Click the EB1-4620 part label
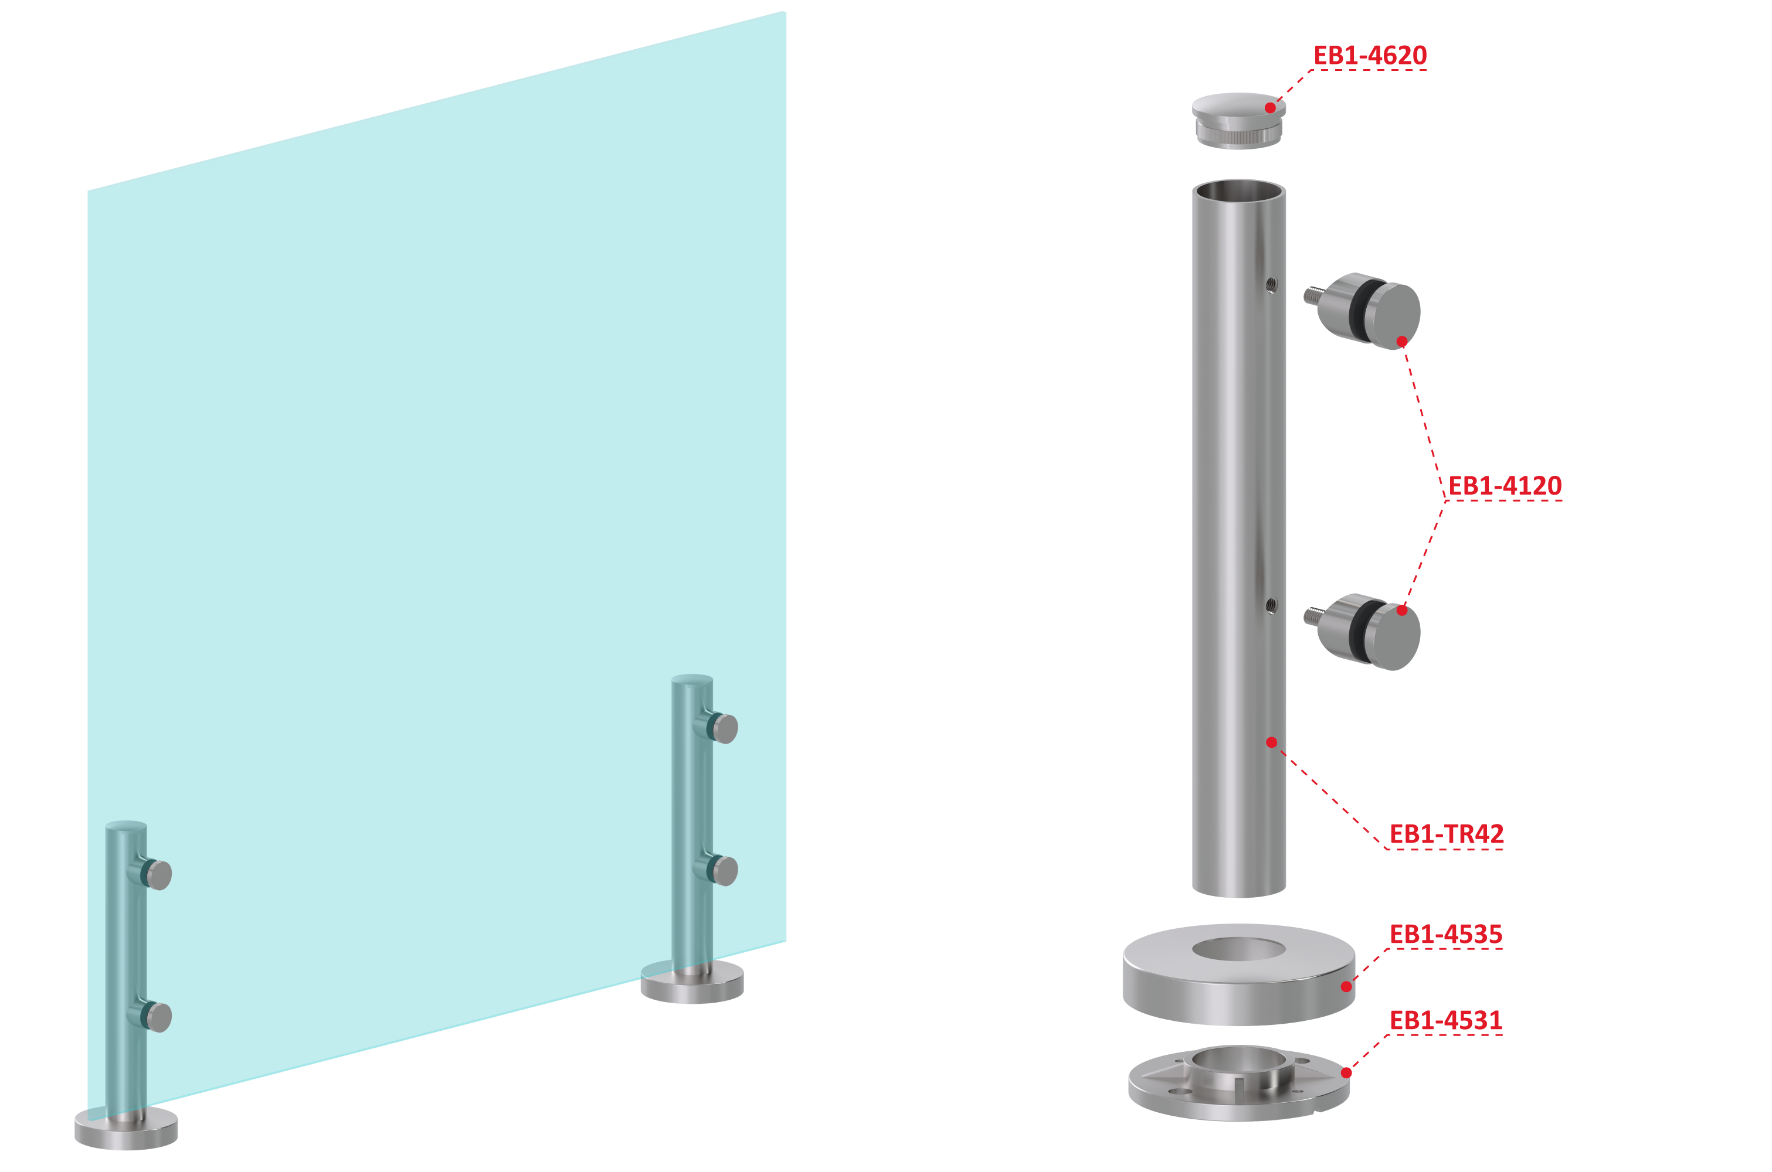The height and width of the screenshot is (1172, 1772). coord(1370,55)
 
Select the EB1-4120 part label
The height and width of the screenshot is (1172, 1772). coord(1505,486)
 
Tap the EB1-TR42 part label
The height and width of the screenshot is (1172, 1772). coord(1446,833)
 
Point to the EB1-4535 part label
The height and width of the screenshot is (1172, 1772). coord(1445,934)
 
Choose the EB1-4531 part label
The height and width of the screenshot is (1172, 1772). coord(1445,1020)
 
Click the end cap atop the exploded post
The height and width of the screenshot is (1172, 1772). coord(1238,120)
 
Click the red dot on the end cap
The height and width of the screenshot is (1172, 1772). coord(1270,108)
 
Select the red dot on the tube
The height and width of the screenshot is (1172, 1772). coord(1271,742)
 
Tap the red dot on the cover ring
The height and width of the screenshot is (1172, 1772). coord(1346,987)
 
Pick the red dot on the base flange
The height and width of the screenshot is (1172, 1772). coord(1346,1072)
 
